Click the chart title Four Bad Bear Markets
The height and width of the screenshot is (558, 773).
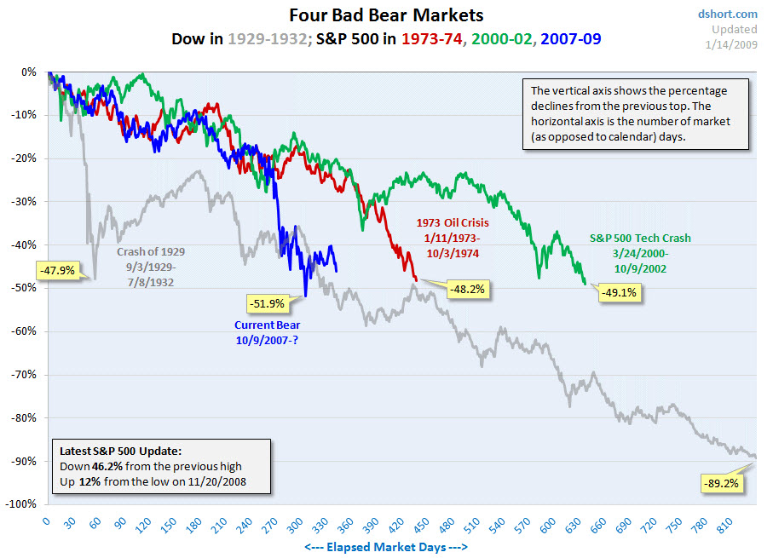[x=386, y=15]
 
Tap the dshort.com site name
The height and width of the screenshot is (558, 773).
[x=727, y=14]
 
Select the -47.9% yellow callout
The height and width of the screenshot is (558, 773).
[x=58, y=270]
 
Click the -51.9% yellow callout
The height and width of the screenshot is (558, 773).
[x=268, y=302]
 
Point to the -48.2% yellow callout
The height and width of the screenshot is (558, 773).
[x=466, y=289]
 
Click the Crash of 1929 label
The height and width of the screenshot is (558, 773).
[x=152, y=251]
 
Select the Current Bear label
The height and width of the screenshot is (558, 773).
[x=268, y=325]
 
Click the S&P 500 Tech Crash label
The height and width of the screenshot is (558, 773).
[x=640, y=239]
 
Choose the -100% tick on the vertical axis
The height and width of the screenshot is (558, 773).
[x=21, y=504]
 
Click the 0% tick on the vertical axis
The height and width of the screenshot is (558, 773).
[x=29, y=72]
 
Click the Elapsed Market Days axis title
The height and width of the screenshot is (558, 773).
[x=385, y=547]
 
